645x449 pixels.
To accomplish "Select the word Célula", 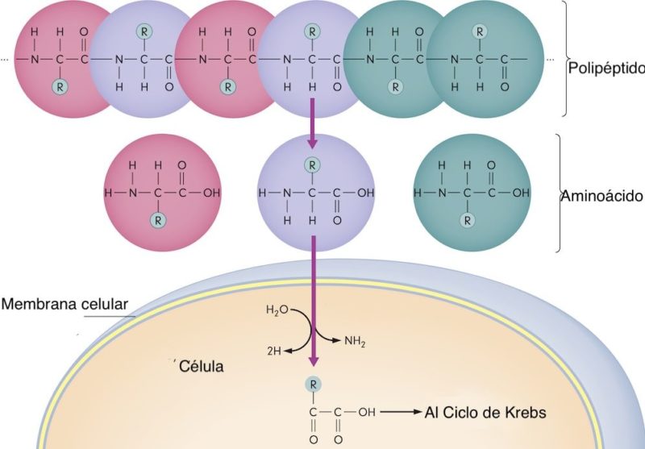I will tap(201, 367).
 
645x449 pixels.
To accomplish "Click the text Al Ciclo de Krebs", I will tap(485, 413).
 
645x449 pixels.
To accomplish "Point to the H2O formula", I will tap(275, 310).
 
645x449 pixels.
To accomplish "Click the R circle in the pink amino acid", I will tap(160, 219).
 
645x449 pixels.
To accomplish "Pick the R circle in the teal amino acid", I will tap(467, 219).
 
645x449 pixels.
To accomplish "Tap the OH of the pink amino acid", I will tap(212, 193).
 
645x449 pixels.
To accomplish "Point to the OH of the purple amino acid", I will tap(365, 193).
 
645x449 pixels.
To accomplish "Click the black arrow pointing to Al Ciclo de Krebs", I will tap(399, 413).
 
